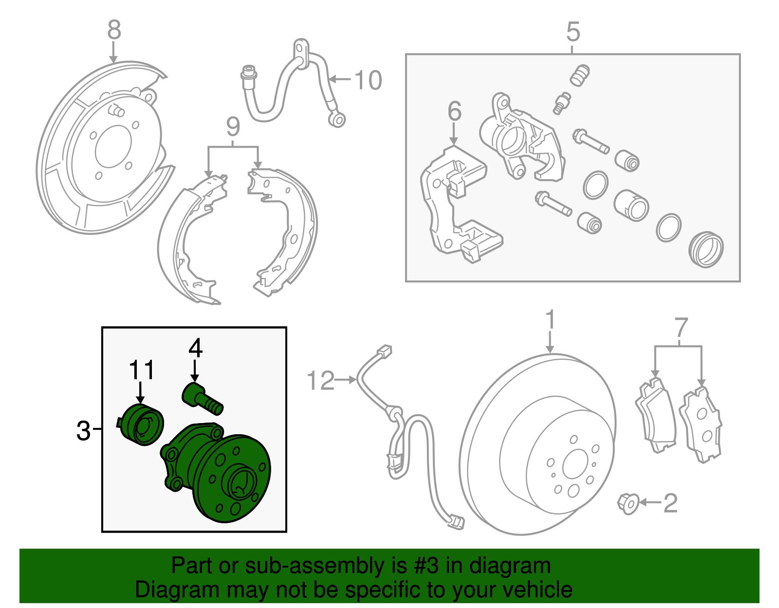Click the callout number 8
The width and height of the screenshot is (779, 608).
click(113, 30)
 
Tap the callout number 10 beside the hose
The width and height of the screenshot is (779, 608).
click(368, 80)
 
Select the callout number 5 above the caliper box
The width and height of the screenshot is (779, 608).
click(573, 32)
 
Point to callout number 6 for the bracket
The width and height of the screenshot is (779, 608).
click(454, 111)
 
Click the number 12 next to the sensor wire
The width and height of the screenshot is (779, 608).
click(320, 381)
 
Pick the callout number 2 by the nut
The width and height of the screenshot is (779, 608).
click(670, 503)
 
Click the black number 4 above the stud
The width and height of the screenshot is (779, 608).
click(195, 348)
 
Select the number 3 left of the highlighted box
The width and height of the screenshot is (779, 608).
click(83, 431)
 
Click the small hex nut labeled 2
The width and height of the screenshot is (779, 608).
click(628, 504)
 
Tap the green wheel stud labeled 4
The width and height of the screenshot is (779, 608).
click(202, 398)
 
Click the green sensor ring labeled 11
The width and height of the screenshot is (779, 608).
click(142, 424)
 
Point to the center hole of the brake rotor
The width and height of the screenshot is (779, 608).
click(575, 466)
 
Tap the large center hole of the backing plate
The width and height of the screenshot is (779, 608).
click(113, 147)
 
